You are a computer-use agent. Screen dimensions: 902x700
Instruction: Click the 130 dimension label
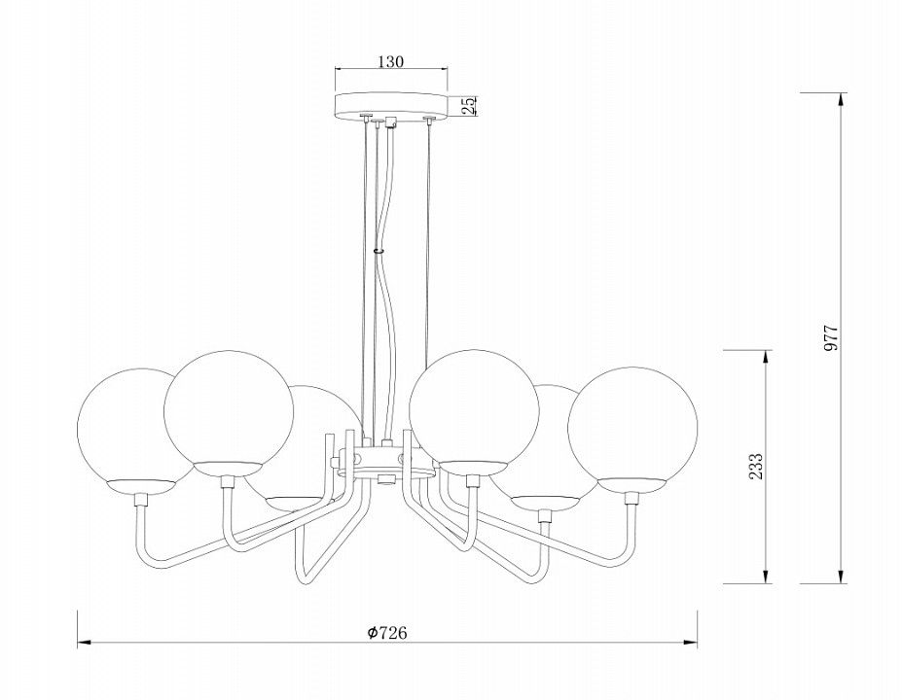coord(391,61)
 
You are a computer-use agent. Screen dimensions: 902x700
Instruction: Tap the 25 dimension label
coord(469,106)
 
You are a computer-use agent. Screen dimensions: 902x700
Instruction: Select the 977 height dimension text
coord(832,338)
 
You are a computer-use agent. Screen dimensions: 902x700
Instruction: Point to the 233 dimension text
coord(756,466)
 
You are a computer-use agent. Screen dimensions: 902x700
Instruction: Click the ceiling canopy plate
coord(391,106)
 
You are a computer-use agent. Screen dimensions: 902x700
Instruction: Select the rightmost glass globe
coord(632,430)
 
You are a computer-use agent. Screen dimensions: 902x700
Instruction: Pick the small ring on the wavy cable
coord(378,251)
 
